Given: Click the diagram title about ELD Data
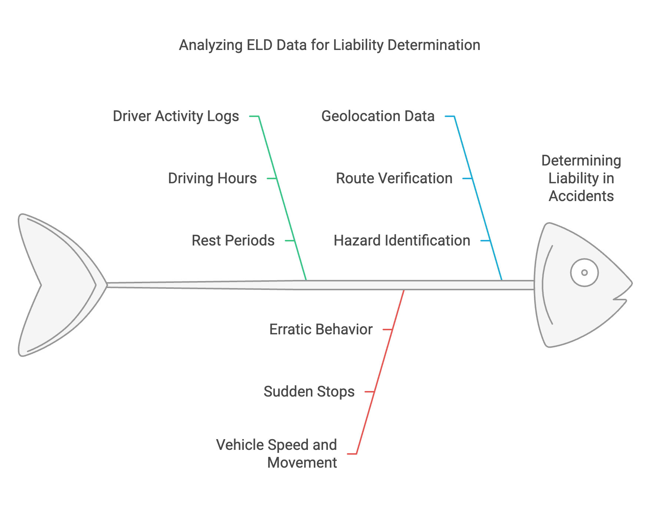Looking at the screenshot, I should click(329, 45).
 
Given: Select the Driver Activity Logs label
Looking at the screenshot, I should click(176, 116).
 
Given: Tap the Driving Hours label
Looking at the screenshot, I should click(212, 178).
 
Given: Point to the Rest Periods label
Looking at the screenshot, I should click(233, 241).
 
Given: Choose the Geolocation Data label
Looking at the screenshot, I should click(378, 116).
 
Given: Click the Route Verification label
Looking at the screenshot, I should click(394, 178).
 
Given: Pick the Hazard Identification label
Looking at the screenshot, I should click(402, 241).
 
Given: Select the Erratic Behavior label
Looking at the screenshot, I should click(320, 330).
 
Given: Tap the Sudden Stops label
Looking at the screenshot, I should click(309, 392).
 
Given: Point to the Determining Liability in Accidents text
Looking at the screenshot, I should click(581, 178).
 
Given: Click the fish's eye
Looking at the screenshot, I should click(584, 273).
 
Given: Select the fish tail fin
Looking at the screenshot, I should click(56, 285).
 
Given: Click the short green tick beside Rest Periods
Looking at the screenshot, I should click(290, 241).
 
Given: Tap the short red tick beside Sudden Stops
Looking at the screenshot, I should click(370, 392).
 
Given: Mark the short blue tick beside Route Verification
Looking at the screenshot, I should click(468, 178).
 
